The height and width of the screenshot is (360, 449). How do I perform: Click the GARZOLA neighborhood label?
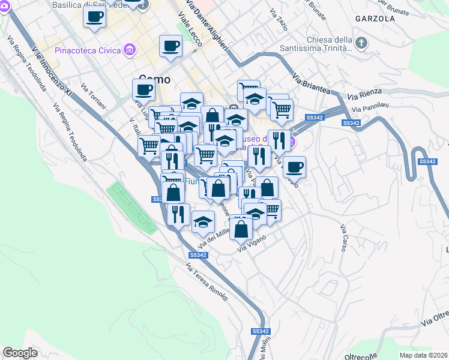tap(375, 19)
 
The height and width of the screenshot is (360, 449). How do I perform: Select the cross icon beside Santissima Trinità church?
tap(361, 43)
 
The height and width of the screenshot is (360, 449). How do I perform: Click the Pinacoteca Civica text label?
tap(88, 50)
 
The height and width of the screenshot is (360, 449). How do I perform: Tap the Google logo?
tap(20, 353)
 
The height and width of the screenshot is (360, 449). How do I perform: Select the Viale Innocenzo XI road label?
tap(52, 73)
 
